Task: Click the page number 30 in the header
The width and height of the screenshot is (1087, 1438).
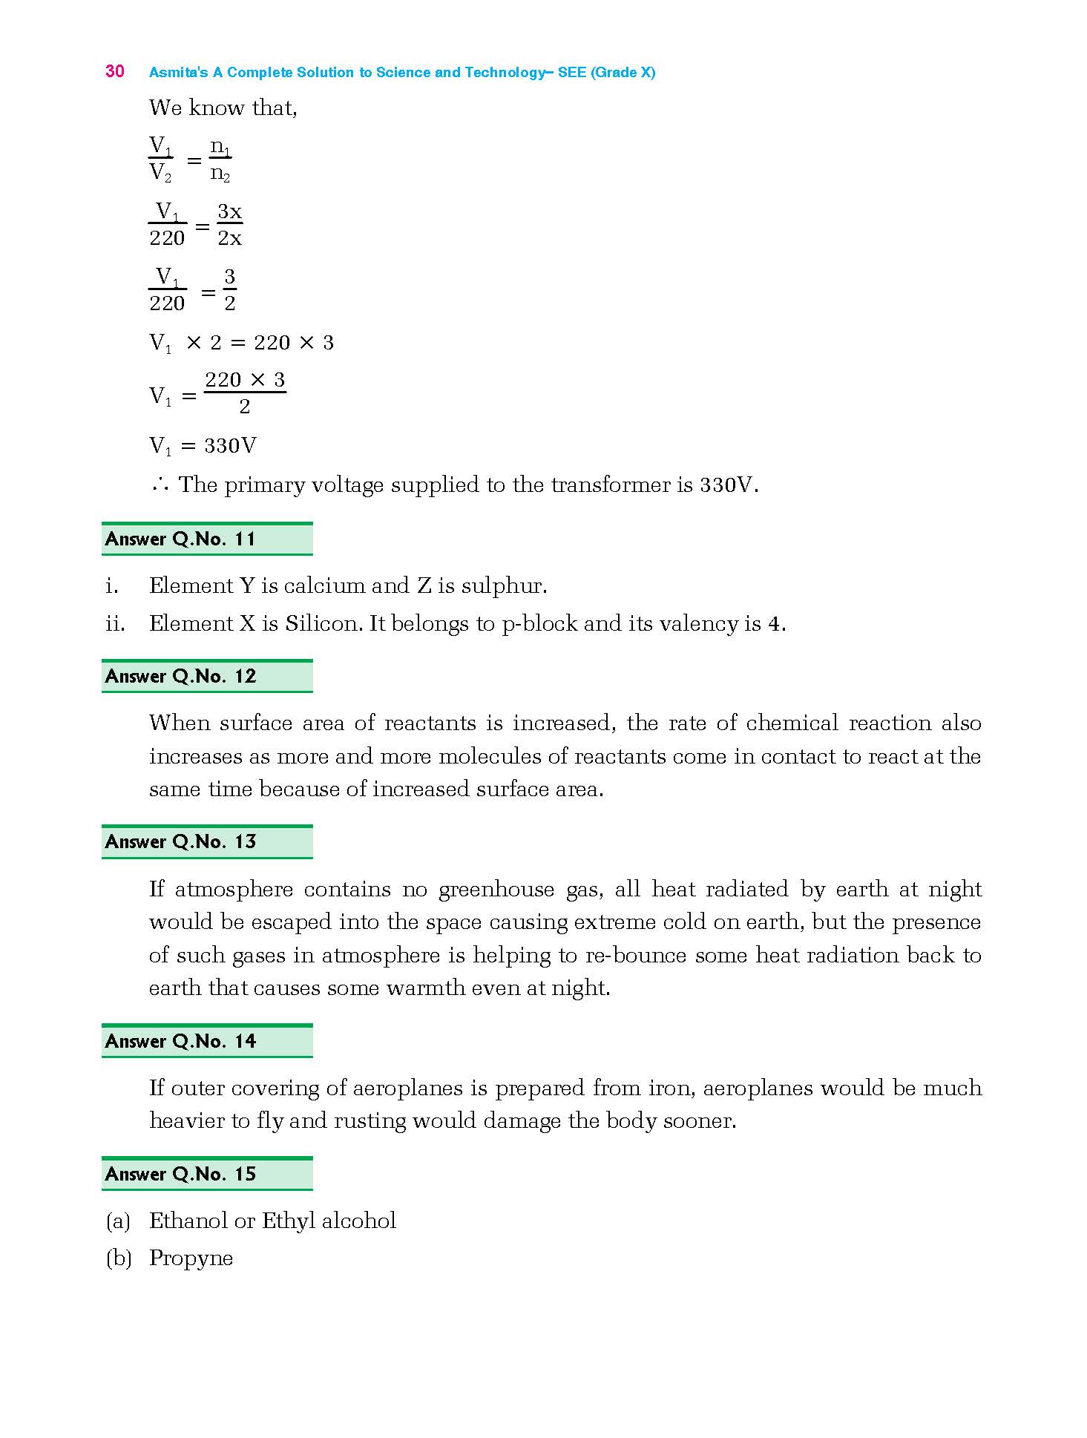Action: [115, 71]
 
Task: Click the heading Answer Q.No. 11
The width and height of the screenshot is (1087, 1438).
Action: [180, 539]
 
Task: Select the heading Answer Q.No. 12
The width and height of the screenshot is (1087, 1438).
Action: [180, 677]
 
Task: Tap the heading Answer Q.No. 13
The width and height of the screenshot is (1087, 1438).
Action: [180, 842]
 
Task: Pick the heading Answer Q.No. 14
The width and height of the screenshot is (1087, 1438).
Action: [180, 1042]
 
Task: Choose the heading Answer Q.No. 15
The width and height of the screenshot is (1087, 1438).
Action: [180, 1175]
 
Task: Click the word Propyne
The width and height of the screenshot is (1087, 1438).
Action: [191, 1258]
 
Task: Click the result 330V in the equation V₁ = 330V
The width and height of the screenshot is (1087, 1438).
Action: [230, 446]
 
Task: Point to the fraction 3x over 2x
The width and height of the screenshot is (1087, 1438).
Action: [229, 225]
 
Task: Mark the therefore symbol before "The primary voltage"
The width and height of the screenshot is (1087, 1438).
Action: [160, 486]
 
